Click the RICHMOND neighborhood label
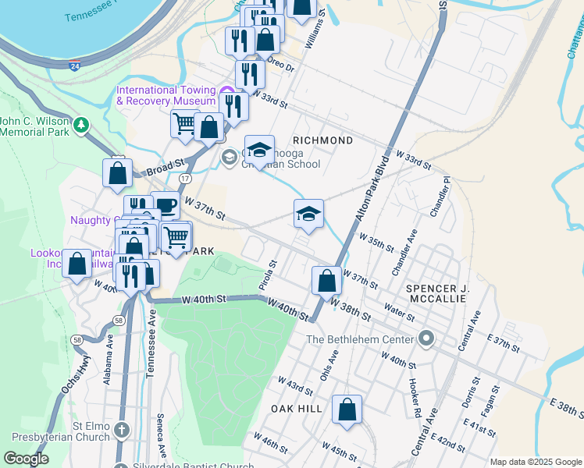coord(322,140)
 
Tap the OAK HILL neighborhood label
coord(291,409)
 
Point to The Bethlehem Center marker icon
coord(426,339)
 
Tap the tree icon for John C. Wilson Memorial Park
coord(81,125)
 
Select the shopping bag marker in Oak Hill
coord(347,409)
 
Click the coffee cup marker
coord(165,205)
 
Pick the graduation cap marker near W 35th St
coord(308,214)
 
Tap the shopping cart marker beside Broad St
coord(185,122)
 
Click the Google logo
coord(26,459)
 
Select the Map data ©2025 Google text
coord(536,462)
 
